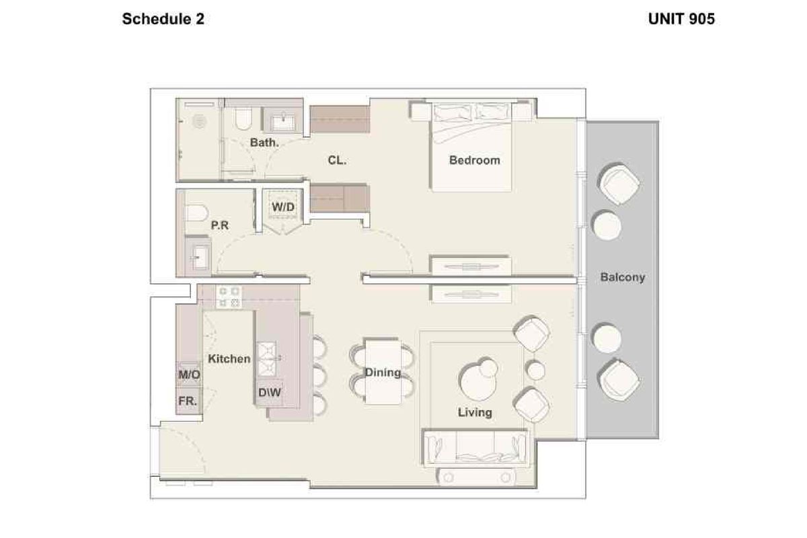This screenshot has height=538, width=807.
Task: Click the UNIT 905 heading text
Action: (681, 19)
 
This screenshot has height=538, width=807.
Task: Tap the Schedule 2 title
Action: (163, 19)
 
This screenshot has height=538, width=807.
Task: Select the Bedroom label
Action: (475, 160)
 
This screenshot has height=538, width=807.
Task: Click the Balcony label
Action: (623, 277)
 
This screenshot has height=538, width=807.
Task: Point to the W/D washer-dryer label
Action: (283, 207)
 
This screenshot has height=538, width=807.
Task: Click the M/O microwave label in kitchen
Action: (190, 375)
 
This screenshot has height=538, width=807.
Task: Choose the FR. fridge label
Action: (188, 401)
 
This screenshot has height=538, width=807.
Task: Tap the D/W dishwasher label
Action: (270, 393)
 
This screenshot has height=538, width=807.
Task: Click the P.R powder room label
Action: (219, 225)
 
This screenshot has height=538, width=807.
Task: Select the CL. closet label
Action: (337, 160)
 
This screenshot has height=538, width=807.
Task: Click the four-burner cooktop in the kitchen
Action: (229, 297)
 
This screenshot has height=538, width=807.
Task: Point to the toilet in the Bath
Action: (243, 118)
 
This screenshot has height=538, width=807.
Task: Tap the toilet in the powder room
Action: (196, 213)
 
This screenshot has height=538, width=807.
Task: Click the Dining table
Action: (383, 372)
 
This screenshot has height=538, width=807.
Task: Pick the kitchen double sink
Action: (267, 359)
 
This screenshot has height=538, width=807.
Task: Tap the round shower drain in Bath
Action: (199, 121)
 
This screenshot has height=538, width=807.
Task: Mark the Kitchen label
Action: (229, 359)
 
